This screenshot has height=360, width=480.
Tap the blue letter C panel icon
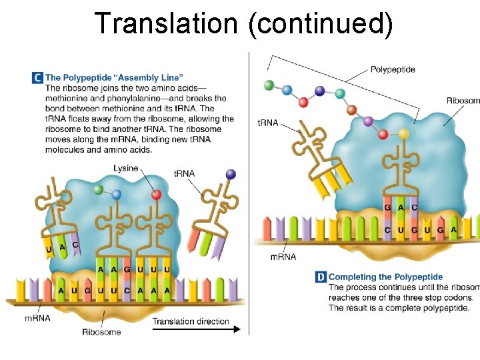click(37, 78)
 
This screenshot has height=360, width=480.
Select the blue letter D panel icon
click(321, 277)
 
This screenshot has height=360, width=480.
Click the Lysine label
click(125, 168)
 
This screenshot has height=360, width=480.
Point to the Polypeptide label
click(393, 69)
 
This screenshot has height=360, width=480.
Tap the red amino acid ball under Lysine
click(157, 195)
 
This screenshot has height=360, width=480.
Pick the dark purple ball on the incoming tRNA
click(231, 174)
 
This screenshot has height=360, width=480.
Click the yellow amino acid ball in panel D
click(403, 134)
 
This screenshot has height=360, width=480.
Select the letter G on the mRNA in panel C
click(87, 291)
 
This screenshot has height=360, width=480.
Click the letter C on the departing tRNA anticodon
click(75, 245)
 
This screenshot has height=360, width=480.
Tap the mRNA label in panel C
click(37, 318)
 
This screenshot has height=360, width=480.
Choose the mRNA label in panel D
click(283, 257)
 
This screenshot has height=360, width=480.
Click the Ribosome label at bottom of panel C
click(101, 331)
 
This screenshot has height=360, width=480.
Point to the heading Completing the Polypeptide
click(385, 277)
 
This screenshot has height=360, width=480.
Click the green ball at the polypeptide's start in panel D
click(269, 85)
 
